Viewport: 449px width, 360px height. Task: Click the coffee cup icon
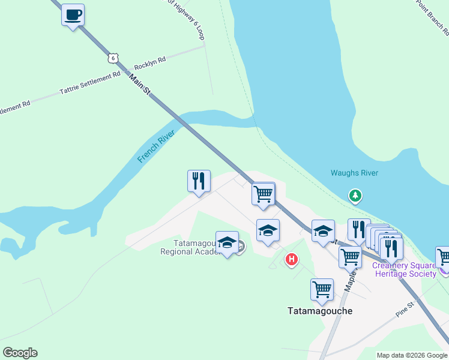coord(73,14)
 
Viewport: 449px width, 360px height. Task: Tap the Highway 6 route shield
coord(113,58)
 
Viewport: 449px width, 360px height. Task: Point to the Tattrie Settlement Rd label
coord(90,85)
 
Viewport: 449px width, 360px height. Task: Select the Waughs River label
coord(354,173)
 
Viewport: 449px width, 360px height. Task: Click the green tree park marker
coord(355,195)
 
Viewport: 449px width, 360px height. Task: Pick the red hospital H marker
coord(292,259)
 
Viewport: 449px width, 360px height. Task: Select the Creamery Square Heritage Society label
coord(405,270)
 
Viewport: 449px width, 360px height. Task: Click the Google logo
coord(20,353)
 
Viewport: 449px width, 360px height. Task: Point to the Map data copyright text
coord(412,355)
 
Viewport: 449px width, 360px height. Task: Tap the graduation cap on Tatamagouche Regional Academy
coord(226,242)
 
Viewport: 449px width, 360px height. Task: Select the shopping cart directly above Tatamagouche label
coord(322,289)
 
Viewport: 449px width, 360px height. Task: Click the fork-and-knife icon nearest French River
coord(199,181)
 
